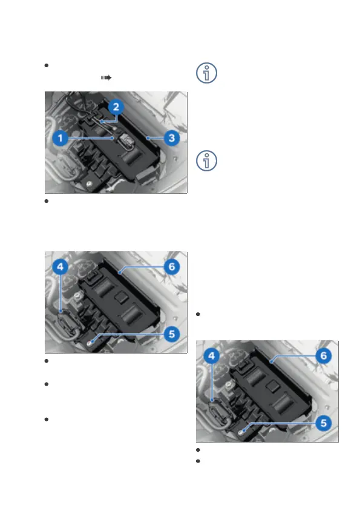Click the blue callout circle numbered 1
pos(61,138)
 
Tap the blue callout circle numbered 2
pos(116,107)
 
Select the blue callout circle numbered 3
pos(172,138)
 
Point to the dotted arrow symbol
pos(106,78)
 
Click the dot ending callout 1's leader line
pos(113,138)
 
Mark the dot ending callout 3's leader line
pos(147,138)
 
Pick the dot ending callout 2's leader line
pos(101,122)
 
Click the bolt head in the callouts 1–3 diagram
pos(89,184)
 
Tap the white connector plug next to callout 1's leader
pos(125,141)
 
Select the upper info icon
pos(206,73)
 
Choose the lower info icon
pos(206,160)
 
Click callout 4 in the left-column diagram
pos(61,267)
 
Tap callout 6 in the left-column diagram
pos(172,267)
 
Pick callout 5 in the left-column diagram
pos(172,334)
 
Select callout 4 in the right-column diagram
pos(211,356)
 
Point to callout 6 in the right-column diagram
pos(323,356)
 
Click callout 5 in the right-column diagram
pos(323,423)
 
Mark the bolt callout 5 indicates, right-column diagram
pos(241,432)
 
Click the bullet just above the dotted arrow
pos(47,65)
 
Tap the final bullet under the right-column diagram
pos(198,461)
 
